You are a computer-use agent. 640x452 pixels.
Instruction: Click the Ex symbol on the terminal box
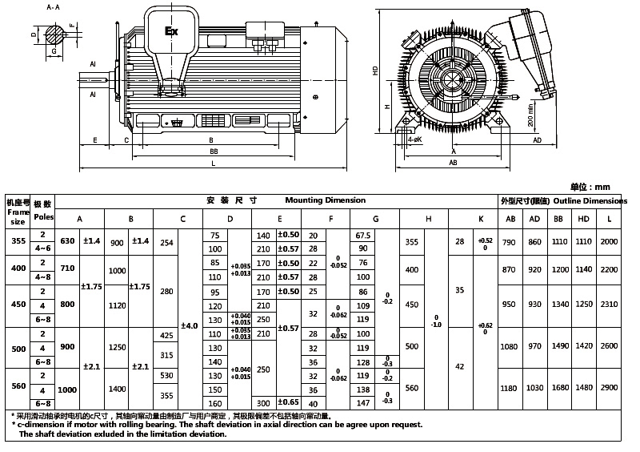click(x=170, y=32)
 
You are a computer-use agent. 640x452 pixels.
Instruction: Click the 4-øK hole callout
click(x=414, y=139)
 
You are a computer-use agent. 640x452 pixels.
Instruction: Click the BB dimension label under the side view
click(x=214, y=150)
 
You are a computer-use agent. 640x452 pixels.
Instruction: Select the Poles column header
click(x=44, y=216)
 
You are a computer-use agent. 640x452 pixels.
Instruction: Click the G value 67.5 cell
click(x=362, y=236)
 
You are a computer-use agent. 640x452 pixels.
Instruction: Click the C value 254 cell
click(x=166, y=241)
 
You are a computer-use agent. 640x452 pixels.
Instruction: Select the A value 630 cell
click(x=68, y=240)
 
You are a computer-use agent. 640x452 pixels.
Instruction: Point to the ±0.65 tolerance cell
click(x=288, y=402)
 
